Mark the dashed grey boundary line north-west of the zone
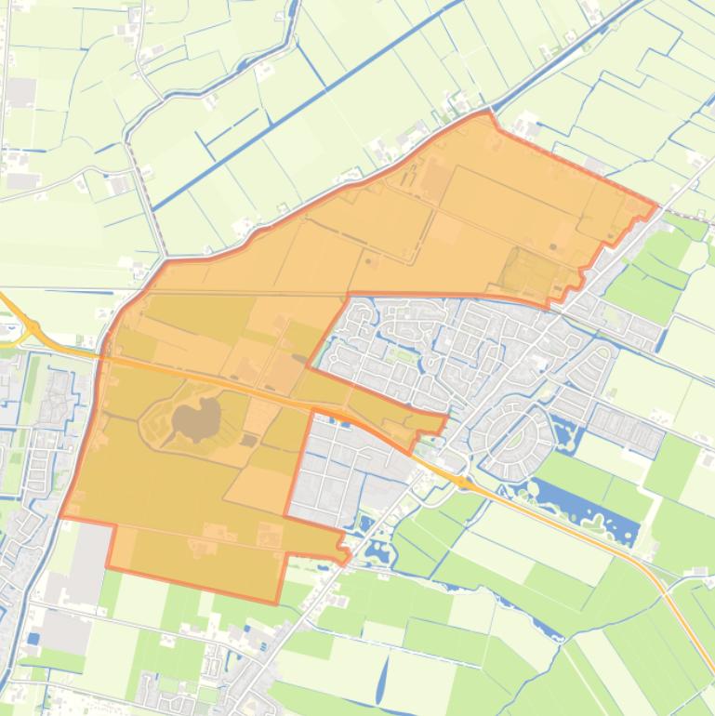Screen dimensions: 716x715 [147, 195]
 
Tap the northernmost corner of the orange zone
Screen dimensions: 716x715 [488, 113]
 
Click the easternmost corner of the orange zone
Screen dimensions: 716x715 [656, 205]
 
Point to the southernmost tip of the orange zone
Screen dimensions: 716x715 [277, 603]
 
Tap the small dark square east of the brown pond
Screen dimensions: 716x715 [245, 440]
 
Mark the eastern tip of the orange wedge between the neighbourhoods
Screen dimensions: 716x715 [445, 417]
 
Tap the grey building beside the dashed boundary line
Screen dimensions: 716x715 [121, 185]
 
